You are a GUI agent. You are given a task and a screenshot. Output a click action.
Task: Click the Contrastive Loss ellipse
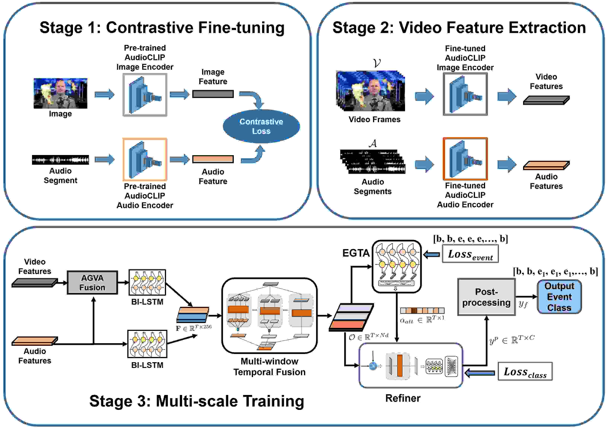click(x=261, y=126)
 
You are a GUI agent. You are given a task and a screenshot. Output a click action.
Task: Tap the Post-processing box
click(x=486, y=297)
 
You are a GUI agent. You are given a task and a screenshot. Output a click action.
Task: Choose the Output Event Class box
click(x=559, y=297)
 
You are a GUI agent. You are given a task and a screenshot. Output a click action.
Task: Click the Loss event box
click(x=470, y=254)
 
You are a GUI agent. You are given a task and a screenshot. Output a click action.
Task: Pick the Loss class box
click(x=525, y=371)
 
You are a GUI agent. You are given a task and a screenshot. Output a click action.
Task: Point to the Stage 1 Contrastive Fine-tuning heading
click(x=162, y=28)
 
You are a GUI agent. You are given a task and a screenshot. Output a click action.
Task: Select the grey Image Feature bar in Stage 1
click(x=213, y=94)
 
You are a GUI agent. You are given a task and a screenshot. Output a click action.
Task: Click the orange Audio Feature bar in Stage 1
click(x=213, y=159)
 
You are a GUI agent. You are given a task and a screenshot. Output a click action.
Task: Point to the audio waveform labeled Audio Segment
click(x=60, y=160)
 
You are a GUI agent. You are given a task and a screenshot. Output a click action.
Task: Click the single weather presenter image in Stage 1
click(x=60, y=93)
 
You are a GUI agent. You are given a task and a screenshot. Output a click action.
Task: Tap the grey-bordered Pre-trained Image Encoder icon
click(x=145, y=95)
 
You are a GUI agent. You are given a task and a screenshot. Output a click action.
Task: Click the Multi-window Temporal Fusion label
click(x=269, y=367)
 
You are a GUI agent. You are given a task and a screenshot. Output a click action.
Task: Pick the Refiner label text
click(x=403, y=398)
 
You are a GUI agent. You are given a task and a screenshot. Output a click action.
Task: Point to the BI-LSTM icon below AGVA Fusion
click(x=147, y=344)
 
